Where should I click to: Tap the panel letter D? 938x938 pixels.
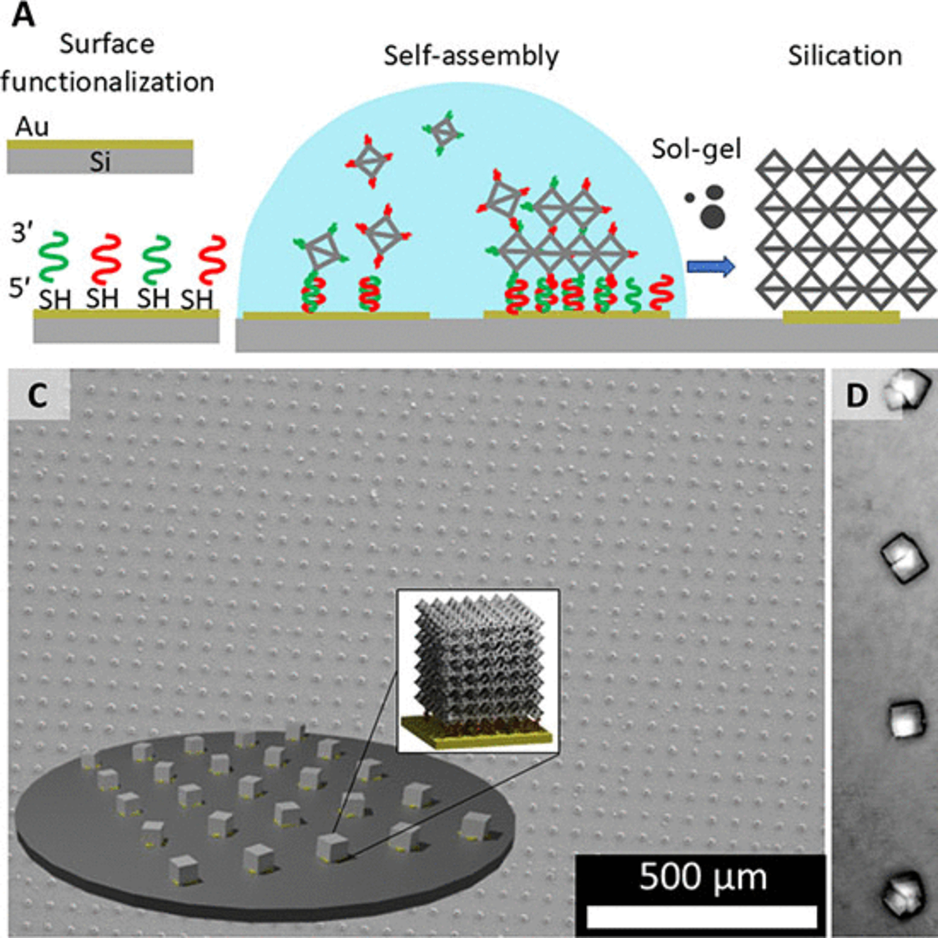coord(856,397)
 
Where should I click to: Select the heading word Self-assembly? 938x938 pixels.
coord(471,56)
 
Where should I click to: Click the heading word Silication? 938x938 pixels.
coord(845,56)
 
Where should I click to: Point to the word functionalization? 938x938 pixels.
coord(107,82)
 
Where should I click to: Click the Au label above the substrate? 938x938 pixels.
coord(32,127)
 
